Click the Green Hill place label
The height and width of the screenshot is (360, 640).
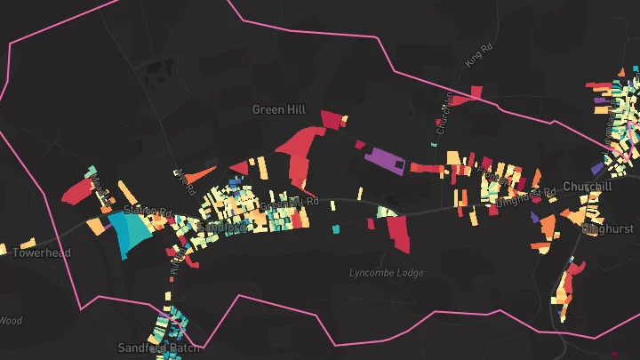[x=278, y=109]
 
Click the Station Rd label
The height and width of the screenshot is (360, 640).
[x=147, y=211]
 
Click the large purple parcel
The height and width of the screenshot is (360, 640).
[x=385, y=158]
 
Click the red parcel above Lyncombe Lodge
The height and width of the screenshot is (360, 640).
[x=397, y=233]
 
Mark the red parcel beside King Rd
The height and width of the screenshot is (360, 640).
[x=476, y=92]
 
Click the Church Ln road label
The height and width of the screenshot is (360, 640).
[x=445, y=112]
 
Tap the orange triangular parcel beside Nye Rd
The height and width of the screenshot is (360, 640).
[x=200, y=172]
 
